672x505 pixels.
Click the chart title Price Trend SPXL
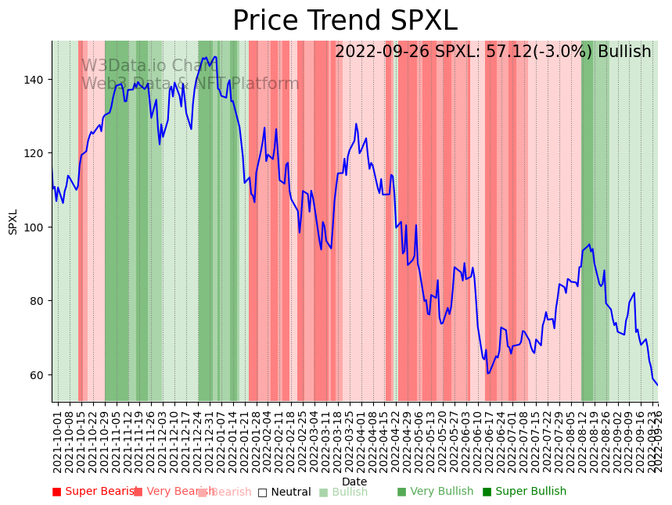[x=344, y=21]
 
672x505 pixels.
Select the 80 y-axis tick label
[x=38, y=301]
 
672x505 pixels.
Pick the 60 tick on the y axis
[x=38, y=375]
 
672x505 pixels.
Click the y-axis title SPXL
[x=13, y=221]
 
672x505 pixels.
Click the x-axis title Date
[x=354, y=482]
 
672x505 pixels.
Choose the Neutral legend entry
[x=285, y=492]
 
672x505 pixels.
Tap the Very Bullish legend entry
[x=436, y=492]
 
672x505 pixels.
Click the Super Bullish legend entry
[x=524, y=492]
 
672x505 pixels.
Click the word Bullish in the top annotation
[x=624, y=52]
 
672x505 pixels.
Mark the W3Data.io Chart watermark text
[x=149, y=66]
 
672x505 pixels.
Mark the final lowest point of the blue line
[x=657, y=385]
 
